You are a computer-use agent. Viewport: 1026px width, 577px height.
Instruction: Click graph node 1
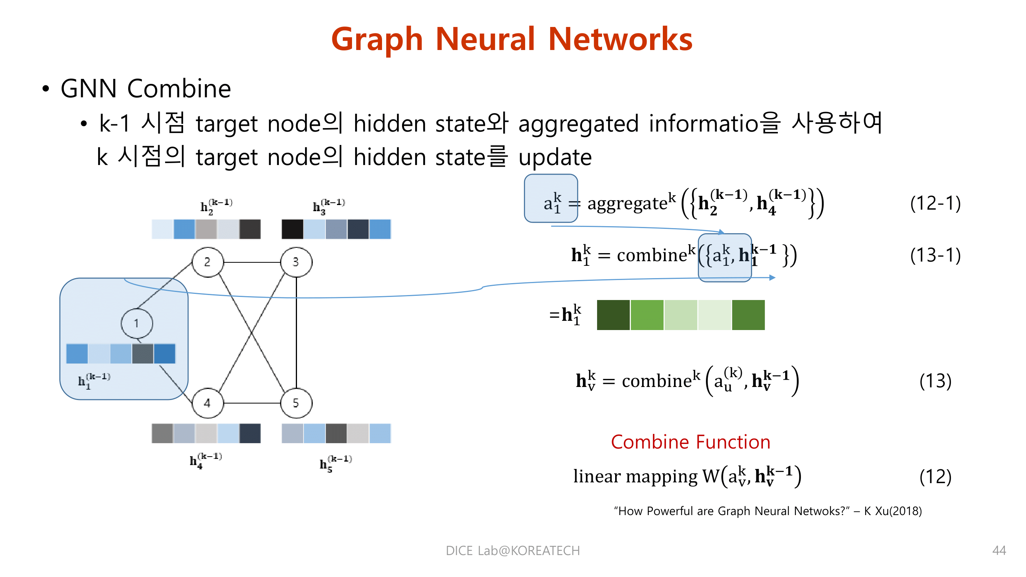(137, 324)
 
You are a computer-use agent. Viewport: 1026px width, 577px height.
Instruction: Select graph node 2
(207, 262)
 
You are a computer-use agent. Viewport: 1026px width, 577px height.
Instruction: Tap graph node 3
(296, 262)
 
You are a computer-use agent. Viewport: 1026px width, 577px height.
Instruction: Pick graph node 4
(207, 403)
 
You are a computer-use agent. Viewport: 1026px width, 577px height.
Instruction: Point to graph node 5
(296, 403)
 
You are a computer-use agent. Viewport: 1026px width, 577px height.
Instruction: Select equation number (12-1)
(935, 203)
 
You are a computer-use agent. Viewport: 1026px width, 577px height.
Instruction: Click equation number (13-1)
(935, 255)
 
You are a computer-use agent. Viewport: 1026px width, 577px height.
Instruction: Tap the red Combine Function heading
(690, 442)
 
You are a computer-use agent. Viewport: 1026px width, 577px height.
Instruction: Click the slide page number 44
(999, 550)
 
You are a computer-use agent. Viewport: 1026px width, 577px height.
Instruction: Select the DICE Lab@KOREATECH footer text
(512, 550)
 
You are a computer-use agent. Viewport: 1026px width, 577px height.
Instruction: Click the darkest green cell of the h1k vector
(613, 315)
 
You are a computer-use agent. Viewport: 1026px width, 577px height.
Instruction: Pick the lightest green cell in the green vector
(714, 315)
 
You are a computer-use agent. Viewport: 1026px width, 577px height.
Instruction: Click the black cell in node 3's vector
(292, 229)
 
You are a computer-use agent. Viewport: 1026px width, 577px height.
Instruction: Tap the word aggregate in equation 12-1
(627, 203)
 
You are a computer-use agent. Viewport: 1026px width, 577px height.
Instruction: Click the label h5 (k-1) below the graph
(335, 463)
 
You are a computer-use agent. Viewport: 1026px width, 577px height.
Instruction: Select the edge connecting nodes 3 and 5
(296, 332)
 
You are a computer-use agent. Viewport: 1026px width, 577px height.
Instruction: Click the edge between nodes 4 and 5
(252, 403)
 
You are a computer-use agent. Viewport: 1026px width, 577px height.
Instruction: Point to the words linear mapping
(635, 476)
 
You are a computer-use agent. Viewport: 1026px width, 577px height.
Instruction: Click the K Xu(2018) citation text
(893, 511)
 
